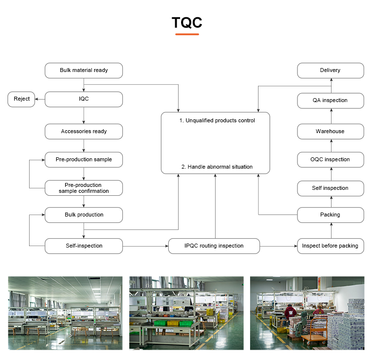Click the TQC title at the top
pos(186,23)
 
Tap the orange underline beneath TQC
pos(187,34)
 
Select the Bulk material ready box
pos(83,71)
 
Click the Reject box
pos(22,99)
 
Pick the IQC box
pos(83,99)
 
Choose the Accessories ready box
pos(83,132)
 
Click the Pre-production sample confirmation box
pos(83,188)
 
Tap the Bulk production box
pos(83,215)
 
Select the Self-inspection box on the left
pos(83,246)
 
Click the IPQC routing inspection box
pos(214,246)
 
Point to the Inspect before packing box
pos(330,246)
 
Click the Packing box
pos(330,215)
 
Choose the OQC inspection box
pos(330,160)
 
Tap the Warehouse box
pos(330,132)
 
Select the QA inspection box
pos(330,101)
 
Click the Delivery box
pos(330,71)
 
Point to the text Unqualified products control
pos(217,120)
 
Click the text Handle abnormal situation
pos(217,167)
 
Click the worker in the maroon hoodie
pos(290,313)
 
